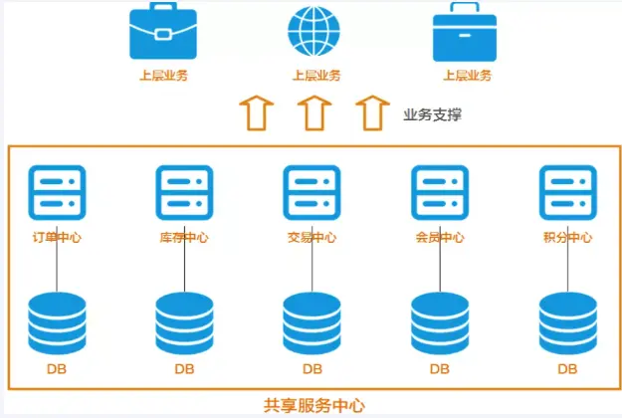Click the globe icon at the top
(312, 32)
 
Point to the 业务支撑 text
(432, 114)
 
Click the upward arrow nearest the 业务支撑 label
(371, 112)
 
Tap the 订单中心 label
(57, 238)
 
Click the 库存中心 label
(184, 238)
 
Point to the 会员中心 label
(440, 238)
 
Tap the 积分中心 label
(567, 238)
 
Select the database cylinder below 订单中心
(57, 323)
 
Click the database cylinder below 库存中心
(184, 323)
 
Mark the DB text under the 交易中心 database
(311, 369)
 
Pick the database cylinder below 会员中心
(440, 323)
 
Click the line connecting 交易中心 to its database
(311, 267)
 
